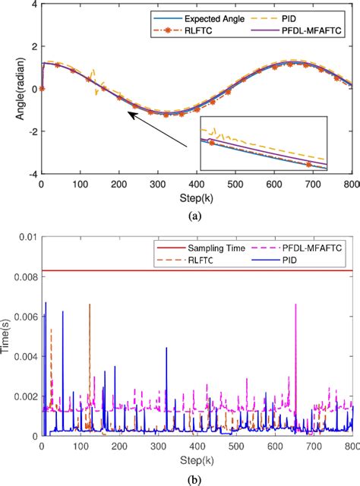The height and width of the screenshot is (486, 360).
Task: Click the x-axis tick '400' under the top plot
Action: tap(196, 185)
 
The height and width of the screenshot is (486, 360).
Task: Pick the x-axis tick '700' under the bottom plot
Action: tap(313, 447)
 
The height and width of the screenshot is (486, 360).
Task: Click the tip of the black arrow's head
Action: tap(128, 114)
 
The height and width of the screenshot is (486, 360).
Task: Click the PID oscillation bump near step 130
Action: tap(93, 79)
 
